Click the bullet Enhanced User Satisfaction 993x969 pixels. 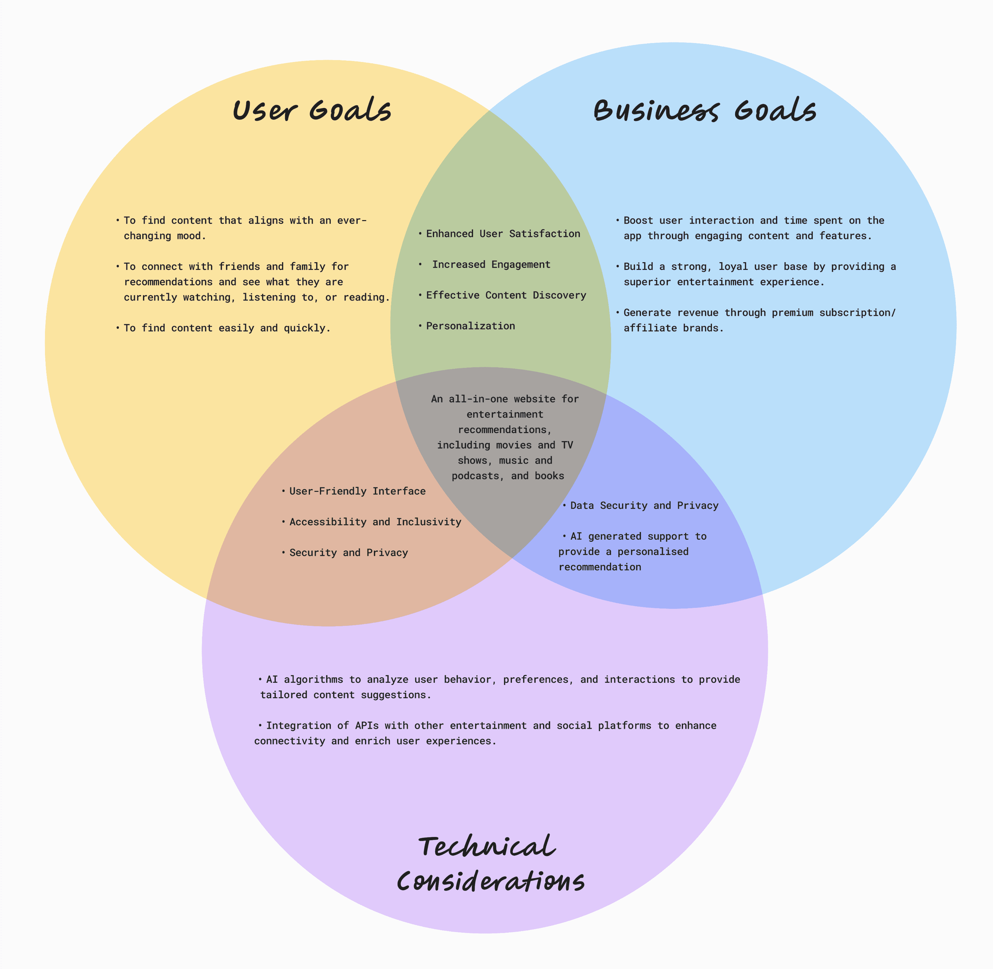click(503, 234)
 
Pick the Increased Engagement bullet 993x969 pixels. click(491, 265)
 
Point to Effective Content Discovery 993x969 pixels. click(506, 295)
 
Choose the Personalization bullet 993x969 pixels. click(470, 326)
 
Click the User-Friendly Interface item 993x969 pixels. click(357, 491)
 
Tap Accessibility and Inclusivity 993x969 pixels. click(375, 522)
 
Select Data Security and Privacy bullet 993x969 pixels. click(644, 505)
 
